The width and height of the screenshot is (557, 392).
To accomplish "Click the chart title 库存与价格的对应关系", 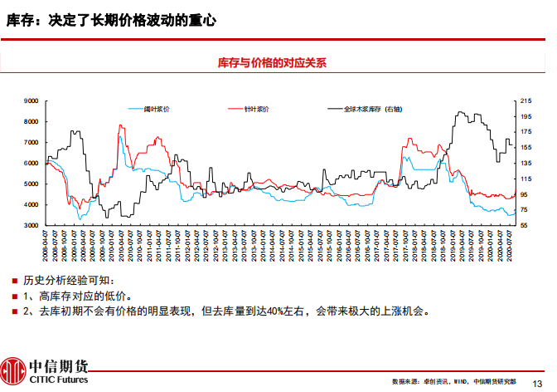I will point(272,62).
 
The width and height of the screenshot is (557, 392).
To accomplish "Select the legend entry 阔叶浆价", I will point(156,109).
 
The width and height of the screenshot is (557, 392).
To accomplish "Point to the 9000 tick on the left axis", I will point(31,100).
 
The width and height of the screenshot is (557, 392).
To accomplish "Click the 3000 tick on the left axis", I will point(31,225).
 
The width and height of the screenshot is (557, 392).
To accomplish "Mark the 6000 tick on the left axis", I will point(31,163).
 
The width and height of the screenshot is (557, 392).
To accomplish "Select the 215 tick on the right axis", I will point(525,100).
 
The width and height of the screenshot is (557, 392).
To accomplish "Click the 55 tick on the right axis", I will point(523,225).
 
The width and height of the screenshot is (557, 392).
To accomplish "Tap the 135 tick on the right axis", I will point(525,163).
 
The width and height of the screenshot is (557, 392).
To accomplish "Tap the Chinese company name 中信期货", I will point(58,365).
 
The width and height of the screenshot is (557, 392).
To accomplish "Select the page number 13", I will point(535,381).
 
